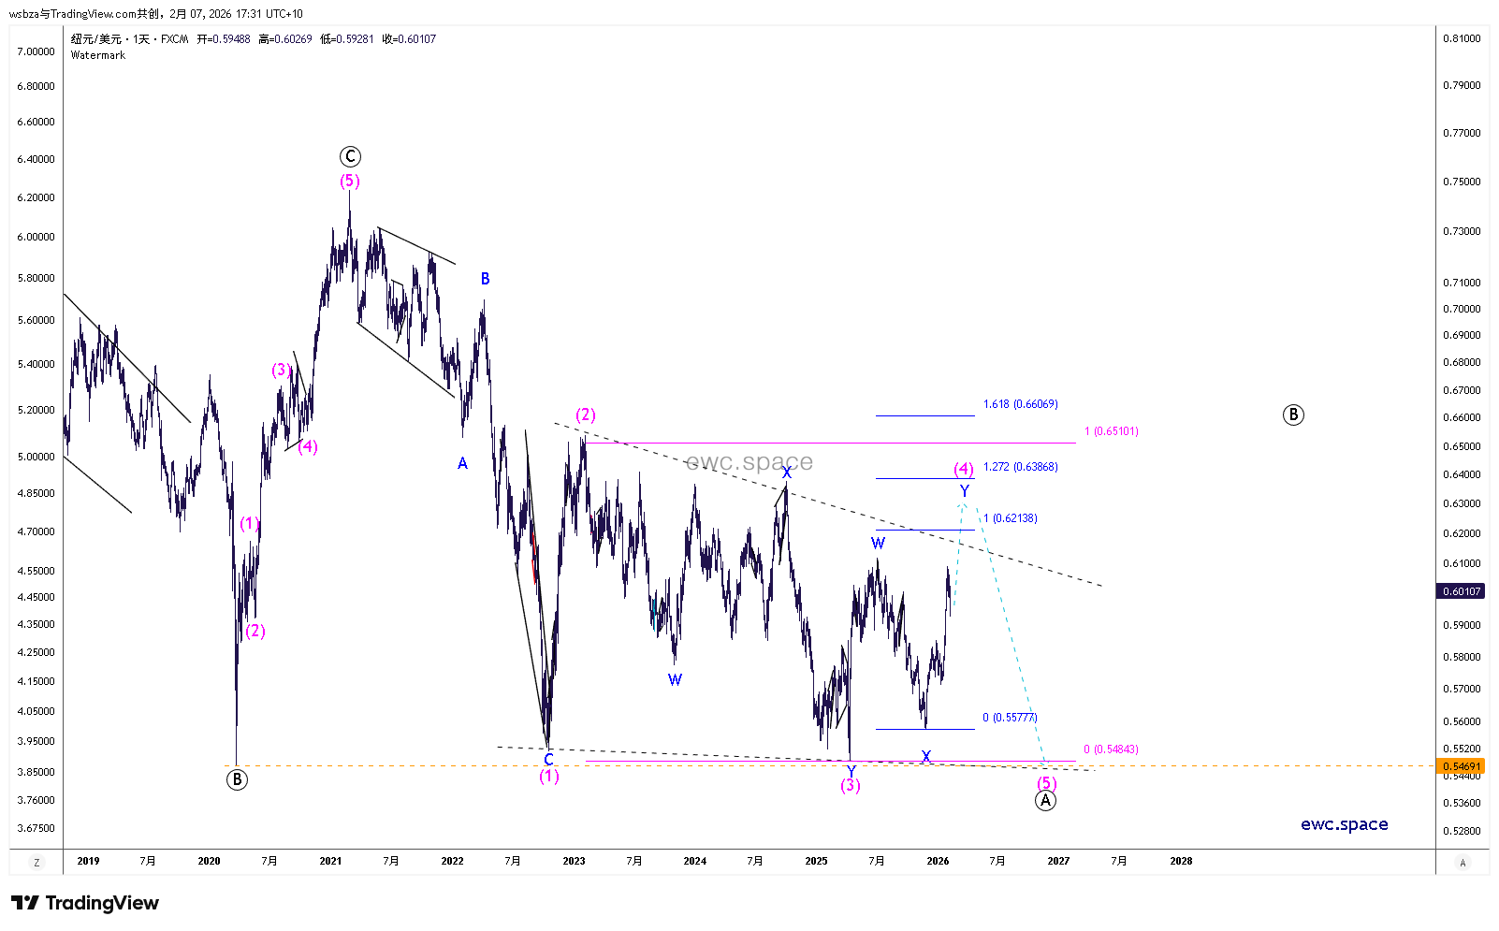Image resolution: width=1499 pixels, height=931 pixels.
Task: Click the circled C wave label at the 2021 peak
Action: pyautogui.click(x=350, y=156)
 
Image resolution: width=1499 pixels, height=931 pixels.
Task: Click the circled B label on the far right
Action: pyautogui.click(x=1293, y=415)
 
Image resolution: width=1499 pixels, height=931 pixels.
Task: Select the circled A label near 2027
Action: pyautogui.click(x=1046, y=801)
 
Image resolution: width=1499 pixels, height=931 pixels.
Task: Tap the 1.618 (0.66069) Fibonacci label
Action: pyautogui.click(x=1020, y=404)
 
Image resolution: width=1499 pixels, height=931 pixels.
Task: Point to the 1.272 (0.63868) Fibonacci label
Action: pyautogui.click(x=1020, y=467)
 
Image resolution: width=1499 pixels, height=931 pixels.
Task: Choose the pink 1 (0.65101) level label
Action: pyautogui.click(x=1111, y=431)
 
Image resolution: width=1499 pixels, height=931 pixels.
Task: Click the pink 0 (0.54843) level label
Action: pyautogui.click(x=1111, y=749)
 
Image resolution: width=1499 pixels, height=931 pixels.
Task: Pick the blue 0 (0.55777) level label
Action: pyautogui.click(x=1010, y=718)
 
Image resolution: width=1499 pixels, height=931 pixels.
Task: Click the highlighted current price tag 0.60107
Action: pyautogui.click(x=1462, y=591)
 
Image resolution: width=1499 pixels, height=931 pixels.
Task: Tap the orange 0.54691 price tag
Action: pyautogui.click(x=1462, y=766)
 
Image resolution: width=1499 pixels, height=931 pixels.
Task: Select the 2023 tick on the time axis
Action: pyautogui.click(x=574, y=861)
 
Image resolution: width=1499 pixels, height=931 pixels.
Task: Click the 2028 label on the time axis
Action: pyautogui.click(x=1181, y=861)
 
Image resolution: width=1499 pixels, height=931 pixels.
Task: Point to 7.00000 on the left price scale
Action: pyautogui.click(x=36, y=51)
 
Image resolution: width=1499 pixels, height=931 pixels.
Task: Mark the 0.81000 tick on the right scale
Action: pyautogui.click(x=1462, y=38)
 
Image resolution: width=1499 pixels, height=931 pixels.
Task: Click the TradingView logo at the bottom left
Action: pyautogui.click(x=85, y=903)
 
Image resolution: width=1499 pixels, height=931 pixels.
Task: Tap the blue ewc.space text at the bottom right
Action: pyautogui.click(x=1344, y=824)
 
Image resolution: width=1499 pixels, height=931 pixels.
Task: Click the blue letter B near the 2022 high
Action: pyautogui.click(x=485, y=279)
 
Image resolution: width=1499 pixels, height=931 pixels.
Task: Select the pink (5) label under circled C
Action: pyautogui.click(x=350, y=181)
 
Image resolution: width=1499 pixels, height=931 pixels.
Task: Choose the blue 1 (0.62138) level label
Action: pyautogui.click(x=1010, y=518)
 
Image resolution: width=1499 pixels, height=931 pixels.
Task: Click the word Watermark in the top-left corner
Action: pyautogui.click(x=98, y=55)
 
